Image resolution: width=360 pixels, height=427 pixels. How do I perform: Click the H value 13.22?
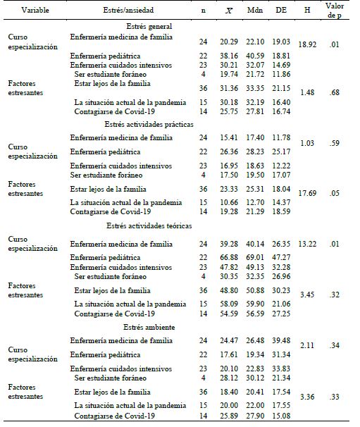(x=308, y=245)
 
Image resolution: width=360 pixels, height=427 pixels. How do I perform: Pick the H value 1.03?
(x=308, y=144)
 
